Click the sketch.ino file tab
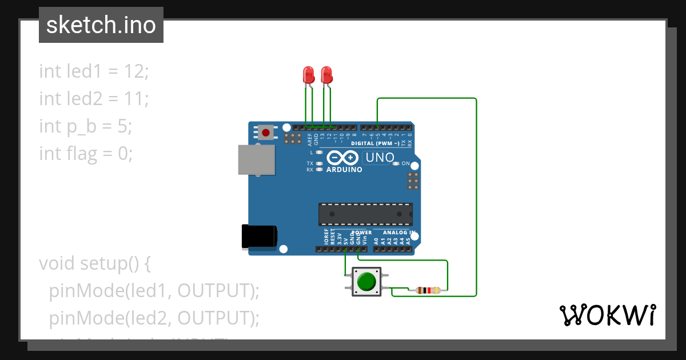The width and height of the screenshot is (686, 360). point(101,25)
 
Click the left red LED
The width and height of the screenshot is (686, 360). point(308,75)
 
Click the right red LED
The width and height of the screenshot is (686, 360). point(326,75)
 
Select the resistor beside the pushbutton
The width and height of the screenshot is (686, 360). point(428,290)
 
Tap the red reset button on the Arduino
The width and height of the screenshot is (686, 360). point(266,133)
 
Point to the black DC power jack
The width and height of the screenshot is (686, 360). point(259,236)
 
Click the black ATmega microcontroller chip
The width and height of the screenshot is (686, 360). point(365,214)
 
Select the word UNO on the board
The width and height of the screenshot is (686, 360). point(380,157)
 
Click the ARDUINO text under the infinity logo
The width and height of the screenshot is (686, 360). point(344,170)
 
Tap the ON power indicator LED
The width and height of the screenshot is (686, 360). point(396,164)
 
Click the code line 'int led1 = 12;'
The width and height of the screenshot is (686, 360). point(94,71)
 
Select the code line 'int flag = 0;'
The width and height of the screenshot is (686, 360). point(86,153)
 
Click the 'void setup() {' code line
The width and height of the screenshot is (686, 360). point(94,263)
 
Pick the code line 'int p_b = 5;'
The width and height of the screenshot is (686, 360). point(86,126)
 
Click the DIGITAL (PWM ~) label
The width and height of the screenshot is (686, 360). point(375,143)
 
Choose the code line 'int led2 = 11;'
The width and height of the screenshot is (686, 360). point(94,99)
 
